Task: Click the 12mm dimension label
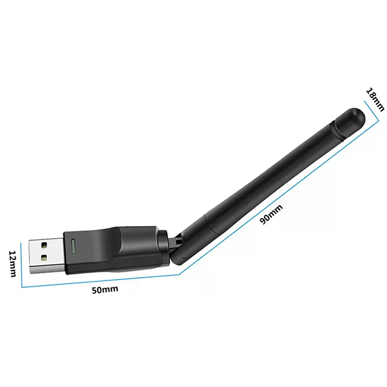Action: coord(13,264)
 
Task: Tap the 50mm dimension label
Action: coord(104,290)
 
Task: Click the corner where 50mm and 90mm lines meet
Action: coord(179,275)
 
